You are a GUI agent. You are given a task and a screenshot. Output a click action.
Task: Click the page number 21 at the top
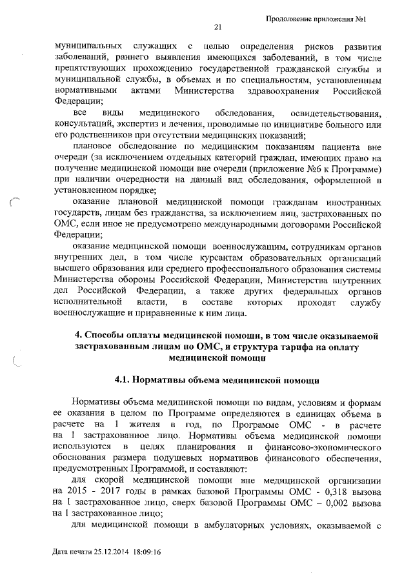pyautogui.click(x=217, y=27)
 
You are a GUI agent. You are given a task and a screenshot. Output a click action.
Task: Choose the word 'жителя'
pyautogui.click(x=145, y=425)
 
